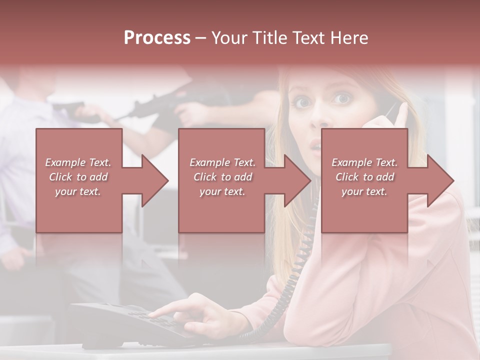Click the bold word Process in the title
pyautogui.click(x=157, y=38)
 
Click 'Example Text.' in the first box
pyautogui.click(x=78, y=162)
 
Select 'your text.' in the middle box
pyautogui.click(x=222, y=191)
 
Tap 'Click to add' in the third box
pyautogui.click(x=365, y=177)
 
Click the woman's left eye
pyautogui.click(x=341, y=98)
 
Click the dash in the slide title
pyautogui.click(x=200, y=38)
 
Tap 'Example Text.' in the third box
pyautogui.click(x=365, y=162)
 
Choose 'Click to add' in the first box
pyautogui.click(x=78, y=177)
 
